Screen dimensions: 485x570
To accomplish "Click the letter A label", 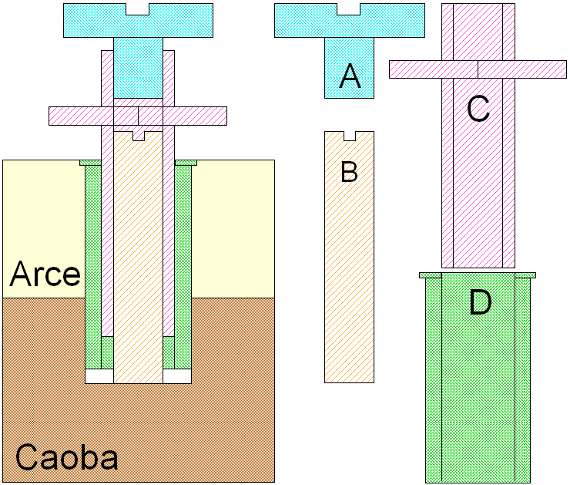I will click(350, 76).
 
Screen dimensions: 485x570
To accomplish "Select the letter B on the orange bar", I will click(349, 172).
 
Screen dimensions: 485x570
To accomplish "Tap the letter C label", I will click(478, 110).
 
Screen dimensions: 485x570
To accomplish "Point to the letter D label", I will click(480, 303).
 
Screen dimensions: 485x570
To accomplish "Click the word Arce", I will click(45, 274).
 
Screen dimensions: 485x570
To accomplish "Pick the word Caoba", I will click(67, 458).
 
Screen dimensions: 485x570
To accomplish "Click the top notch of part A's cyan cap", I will click(349, 10).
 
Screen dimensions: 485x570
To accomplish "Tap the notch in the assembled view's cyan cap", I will click(138, 10).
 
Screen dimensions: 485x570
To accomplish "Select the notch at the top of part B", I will click(349, 136).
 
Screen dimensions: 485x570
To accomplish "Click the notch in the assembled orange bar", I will click(138, 136).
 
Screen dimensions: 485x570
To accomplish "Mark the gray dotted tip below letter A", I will click(349, 89).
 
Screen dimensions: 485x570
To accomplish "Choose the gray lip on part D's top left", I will click(430, 274).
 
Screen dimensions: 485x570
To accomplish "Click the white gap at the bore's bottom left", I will click(99, 376).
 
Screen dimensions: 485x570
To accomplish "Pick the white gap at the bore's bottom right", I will click(177, 376).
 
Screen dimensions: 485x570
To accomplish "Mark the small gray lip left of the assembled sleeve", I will click(90, 163).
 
